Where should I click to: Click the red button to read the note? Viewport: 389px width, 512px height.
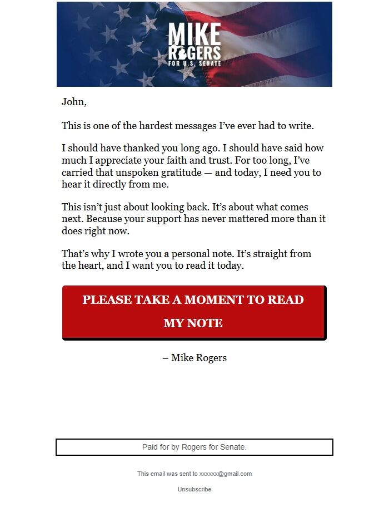[194, 312]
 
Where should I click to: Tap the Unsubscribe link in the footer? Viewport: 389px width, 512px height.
[194, 489]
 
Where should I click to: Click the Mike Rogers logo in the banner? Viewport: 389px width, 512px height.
[194, 45]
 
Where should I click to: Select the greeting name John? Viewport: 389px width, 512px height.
[73, 102]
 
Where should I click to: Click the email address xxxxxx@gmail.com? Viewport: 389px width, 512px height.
[226, 474]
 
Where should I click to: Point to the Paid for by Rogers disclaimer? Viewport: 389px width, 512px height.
[194, 447]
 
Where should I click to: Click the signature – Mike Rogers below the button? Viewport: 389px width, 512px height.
[194, 358]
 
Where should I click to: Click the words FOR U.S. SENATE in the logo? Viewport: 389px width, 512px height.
[194, 63]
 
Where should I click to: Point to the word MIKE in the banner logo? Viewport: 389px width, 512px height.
[194, 35]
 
